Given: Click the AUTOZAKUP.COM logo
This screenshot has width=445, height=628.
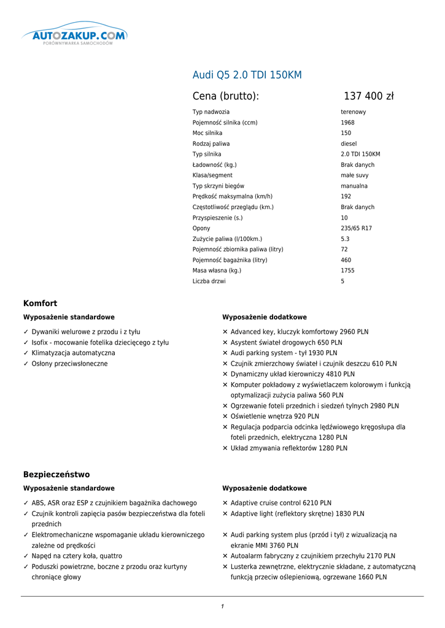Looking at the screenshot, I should click(75, 36).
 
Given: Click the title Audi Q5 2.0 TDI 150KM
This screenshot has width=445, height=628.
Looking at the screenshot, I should click(247, 75).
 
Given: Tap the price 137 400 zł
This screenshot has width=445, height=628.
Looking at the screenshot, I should click(368, 96).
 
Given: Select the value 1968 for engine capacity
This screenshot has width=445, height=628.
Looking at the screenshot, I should click(347, 123).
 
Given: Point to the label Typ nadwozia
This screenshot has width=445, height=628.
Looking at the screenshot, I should click(211, 112).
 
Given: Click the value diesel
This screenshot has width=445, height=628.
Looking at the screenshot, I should click(349, 144).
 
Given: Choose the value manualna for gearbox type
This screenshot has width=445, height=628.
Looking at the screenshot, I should click(354, 186).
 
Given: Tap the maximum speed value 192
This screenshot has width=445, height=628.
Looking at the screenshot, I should click(346, 196).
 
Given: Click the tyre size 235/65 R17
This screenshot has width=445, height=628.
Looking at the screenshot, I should click(356, 228).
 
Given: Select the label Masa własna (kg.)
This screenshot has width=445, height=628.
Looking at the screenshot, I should click(217, 270).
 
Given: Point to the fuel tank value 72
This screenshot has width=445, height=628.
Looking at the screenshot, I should click(344, 250).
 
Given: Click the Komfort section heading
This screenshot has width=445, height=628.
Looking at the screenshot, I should click(40, 303).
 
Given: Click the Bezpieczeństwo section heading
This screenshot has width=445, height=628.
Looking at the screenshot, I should click(56, 474).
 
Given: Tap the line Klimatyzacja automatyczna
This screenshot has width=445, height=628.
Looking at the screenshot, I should click(73, 353).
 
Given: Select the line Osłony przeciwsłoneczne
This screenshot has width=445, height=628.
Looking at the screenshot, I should click(69, 364).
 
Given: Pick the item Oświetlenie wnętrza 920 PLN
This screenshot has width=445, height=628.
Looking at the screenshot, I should click(274, 416).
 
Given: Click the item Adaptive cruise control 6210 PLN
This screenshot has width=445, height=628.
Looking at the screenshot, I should click(281, 503).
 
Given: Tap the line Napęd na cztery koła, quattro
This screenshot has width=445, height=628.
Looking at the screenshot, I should click(77, 556).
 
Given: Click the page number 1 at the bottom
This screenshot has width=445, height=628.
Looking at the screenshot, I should click(222, 607).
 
